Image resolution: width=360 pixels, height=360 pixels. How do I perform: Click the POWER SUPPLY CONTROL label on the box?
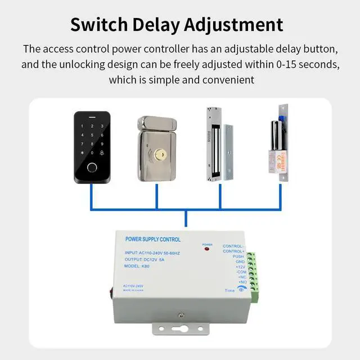tap(152, 240)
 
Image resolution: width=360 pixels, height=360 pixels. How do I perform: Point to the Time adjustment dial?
tap(242, 290)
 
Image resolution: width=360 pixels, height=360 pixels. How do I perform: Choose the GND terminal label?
tap(239, 262)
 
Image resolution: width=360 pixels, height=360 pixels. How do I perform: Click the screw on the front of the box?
tap(182, 317)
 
